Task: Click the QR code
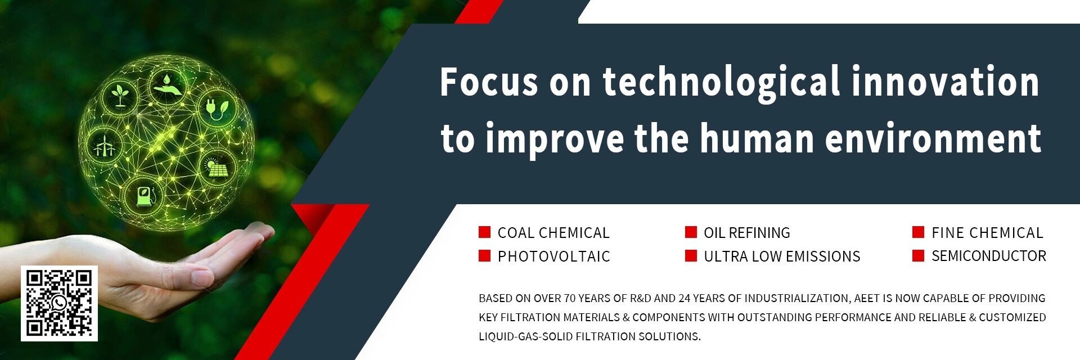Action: coord(59,303)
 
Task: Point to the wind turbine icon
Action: coord(103,145)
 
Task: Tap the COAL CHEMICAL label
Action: coord(553,233)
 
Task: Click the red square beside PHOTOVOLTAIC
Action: coord(484,256)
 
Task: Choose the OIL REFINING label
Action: coord(747,233)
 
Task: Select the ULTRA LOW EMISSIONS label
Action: coord(782,256)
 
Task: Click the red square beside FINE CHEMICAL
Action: coord(918,232)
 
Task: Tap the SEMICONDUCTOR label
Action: coord(989,256)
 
